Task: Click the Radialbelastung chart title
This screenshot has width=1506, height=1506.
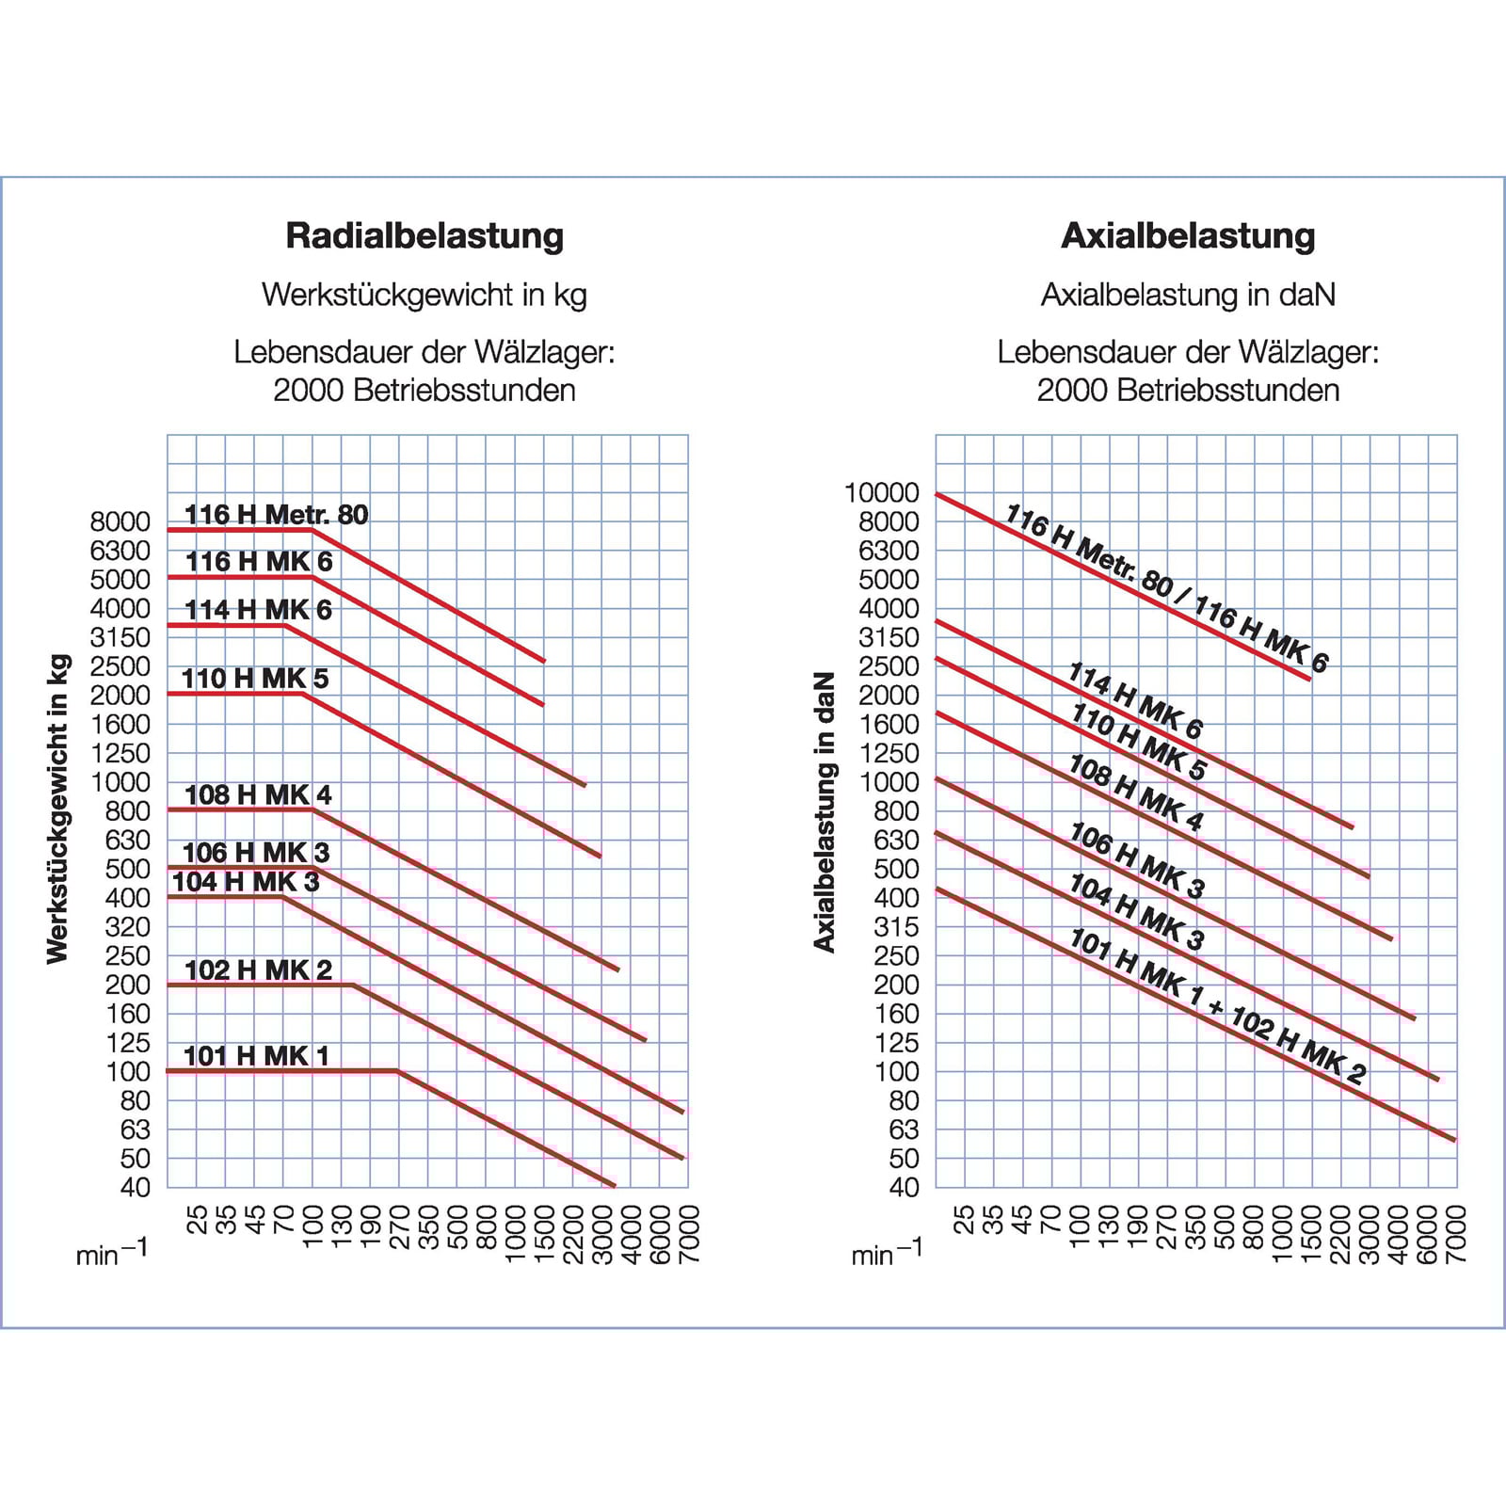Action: click(x=425, y=235)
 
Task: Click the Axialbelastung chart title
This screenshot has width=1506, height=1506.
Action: click(x=1188, y=235)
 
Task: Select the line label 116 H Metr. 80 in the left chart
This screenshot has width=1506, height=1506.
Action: click(x=276, y=515)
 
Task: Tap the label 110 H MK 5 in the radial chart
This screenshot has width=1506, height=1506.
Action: click(x=255, y=679)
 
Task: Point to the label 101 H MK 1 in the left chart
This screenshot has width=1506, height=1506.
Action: click(x=257, y=1056)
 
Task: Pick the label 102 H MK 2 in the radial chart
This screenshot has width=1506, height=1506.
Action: click(x=258, y=969)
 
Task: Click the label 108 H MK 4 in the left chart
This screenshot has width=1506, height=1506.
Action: click(x=258, y=795)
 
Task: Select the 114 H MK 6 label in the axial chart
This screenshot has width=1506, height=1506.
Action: click(x=1135, y=701)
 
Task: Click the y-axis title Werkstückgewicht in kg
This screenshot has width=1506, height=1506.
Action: click(x=58, y=809)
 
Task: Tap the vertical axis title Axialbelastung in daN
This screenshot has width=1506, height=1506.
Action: click(x=825, y=812)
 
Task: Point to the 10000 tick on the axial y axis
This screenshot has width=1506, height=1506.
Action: click(x=881, y=492)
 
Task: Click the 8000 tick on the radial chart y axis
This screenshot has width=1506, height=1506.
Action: click(x=120, y=521)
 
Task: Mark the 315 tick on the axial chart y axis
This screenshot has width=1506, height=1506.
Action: click(x=896, y=927)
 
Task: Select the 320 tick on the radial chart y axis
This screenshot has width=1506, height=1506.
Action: click(x=128, y=927)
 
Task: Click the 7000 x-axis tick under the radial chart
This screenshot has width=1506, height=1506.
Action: click(x=689, y=1233)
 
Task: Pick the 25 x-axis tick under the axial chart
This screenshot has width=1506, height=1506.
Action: click(x=965, y=1220)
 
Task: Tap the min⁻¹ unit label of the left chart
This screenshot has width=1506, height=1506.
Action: click(x=111, y=1254)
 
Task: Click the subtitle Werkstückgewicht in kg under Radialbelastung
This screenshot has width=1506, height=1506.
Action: click(x=425, y=295)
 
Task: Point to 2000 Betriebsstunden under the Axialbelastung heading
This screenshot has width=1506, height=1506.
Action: click(x=1188, y=391)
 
